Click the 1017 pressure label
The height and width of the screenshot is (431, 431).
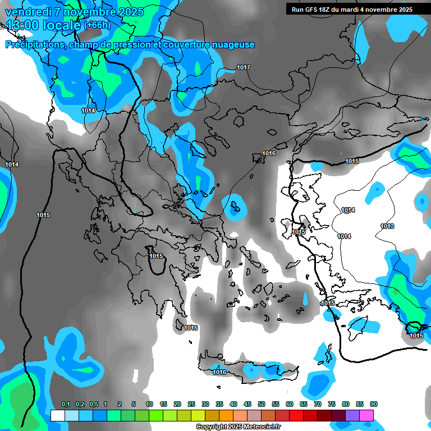tap(244, 67)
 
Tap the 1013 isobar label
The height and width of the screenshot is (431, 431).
tap(387, 226)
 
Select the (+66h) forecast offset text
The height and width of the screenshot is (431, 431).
tap(97, 25)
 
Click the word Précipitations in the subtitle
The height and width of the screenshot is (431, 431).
tap(34, 45)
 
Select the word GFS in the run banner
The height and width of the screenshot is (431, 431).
tap(315, 10)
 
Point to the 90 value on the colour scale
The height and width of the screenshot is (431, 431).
tap(374, 404)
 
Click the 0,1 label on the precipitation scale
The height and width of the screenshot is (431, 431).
tap(66, 404)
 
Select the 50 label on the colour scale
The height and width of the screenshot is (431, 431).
tap(262, 404)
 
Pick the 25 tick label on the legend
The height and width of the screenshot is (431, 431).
tap(191, 404)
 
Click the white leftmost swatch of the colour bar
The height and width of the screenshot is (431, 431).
tap(57, 415)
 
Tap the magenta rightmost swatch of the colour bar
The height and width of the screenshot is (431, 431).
tap(367, 415)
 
